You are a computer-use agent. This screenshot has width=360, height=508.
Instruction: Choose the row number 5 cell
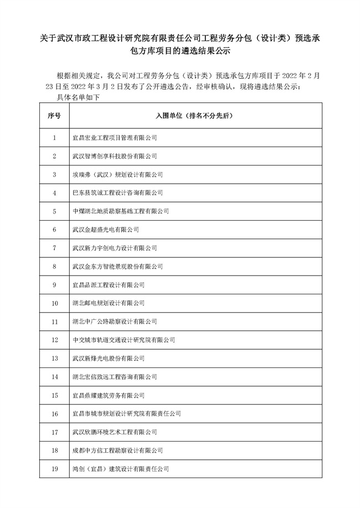tap(54, 211)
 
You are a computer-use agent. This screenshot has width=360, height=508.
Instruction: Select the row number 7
tap(54, 247)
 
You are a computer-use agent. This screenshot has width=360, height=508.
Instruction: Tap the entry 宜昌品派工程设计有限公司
tap(109, 284)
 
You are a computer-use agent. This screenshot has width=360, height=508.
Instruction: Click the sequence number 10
tap(54, 303)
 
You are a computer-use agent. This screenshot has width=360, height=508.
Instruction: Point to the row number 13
tap(54, 358)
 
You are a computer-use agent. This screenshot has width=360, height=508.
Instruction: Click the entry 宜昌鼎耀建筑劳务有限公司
tap(109, 395)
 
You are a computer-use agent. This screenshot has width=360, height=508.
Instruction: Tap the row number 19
tap(54, 469)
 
